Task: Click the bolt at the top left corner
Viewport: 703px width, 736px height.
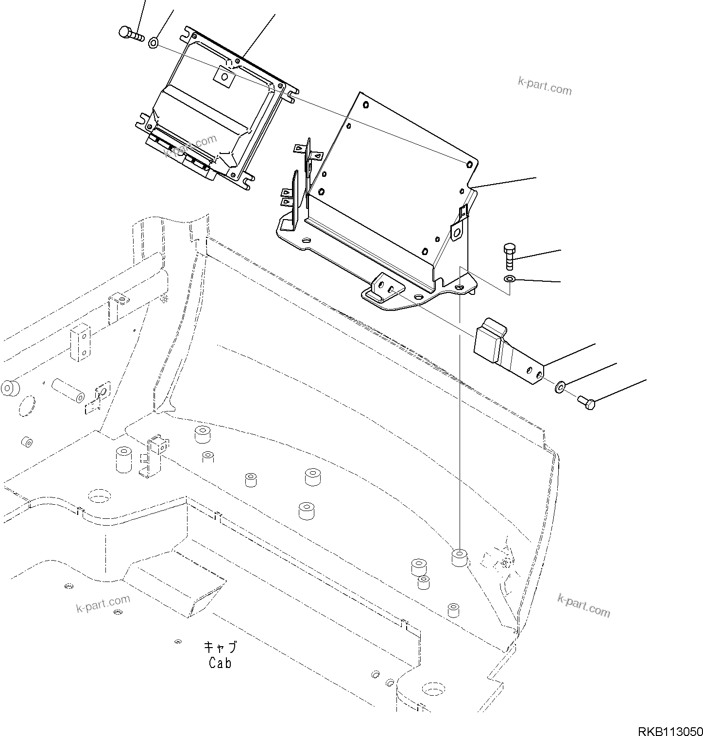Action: coord(130,34)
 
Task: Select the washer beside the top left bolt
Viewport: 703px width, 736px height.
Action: coord(153,43)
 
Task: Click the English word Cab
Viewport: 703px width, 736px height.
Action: coord(220,663)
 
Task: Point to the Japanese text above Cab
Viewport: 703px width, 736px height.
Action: coord(220,648)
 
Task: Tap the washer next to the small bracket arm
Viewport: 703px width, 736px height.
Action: coord(560,387)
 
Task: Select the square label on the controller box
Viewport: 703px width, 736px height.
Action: coord(224,76)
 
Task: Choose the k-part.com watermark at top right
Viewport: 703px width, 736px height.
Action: coord(544,88)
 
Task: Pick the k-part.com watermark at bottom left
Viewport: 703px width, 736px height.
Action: coord(103,603)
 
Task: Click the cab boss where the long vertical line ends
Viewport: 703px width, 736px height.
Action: coord(459,557)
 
